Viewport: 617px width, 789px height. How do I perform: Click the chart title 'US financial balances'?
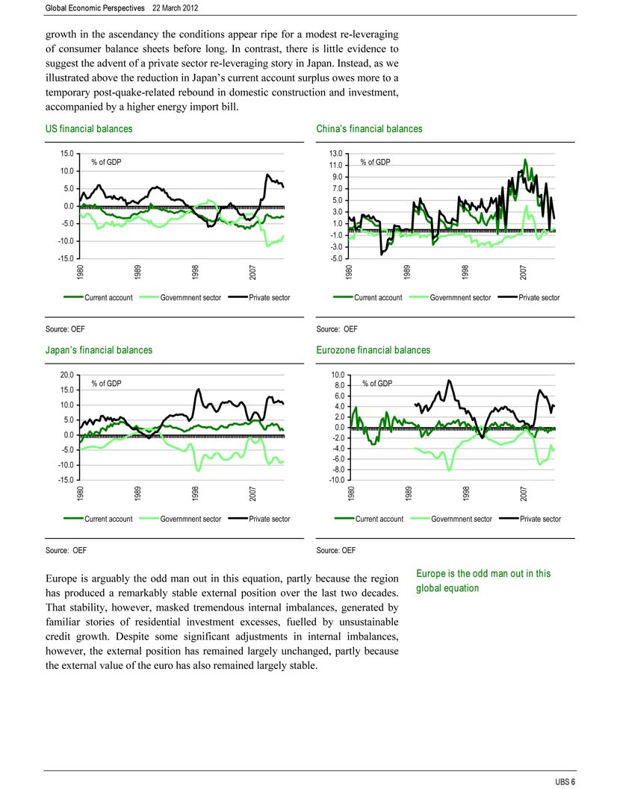pos(89,129)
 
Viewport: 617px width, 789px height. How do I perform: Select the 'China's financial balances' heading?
pos(369,129)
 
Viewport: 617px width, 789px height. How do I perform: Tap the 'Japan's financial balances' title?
pos(99,350)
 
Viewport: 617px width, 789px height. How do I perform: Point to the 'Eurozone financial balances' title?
pos(373,350)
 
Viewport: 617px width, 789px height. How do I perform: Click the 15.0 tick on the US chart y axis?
pos(67,154)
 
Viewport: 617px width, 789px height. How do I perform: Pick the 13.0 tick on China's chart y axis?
pos(336,154)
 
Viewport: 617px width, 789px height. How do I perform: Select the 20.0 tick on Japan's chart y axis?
pos(67,375)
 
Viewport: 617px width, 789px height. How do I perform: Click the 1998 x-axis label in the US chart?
pos(195,272)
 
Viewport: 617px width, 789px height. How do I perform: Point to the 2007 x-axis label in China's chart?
pos(523,272)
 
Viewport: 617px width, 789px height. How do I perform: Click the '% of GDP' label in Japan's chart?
pos(106,384)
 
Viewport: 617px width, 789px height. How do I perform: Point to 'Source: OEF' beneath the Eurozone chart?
pos(336,550)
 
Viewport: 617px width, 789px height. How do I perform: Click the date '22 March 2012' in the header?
pos(176,8)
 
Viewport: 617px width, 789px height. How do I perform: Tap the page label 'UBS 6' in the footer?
pos(565,782)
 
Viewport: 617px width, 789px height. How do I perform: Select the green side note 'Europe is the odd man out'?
pos(483,581)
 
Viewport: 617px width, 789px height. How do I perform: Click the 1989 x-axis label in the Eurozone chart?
pos(409,493)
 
